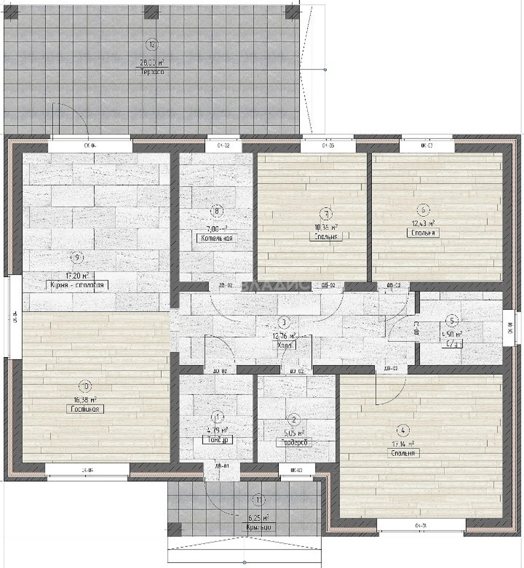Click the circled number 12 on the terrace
coord(153,44)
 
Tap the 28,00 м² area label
coord(152,62)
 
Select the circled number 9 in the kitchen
coord(77,257)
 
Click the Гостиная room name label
coord(84,409)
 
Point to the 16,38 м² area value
coord(84,399)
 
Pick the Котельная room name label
coord(216,238)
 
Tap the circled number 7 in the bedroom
coord(327,214)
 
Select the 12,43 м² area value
coord(423,222)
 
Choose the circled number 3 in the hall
coord(283,322)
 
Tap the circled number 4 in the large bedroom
coord(403,431)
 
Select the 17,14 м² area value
coord(403,443)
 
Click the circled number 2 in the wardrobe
coord(294,419)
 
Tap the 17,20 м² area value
coord(75,275)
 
